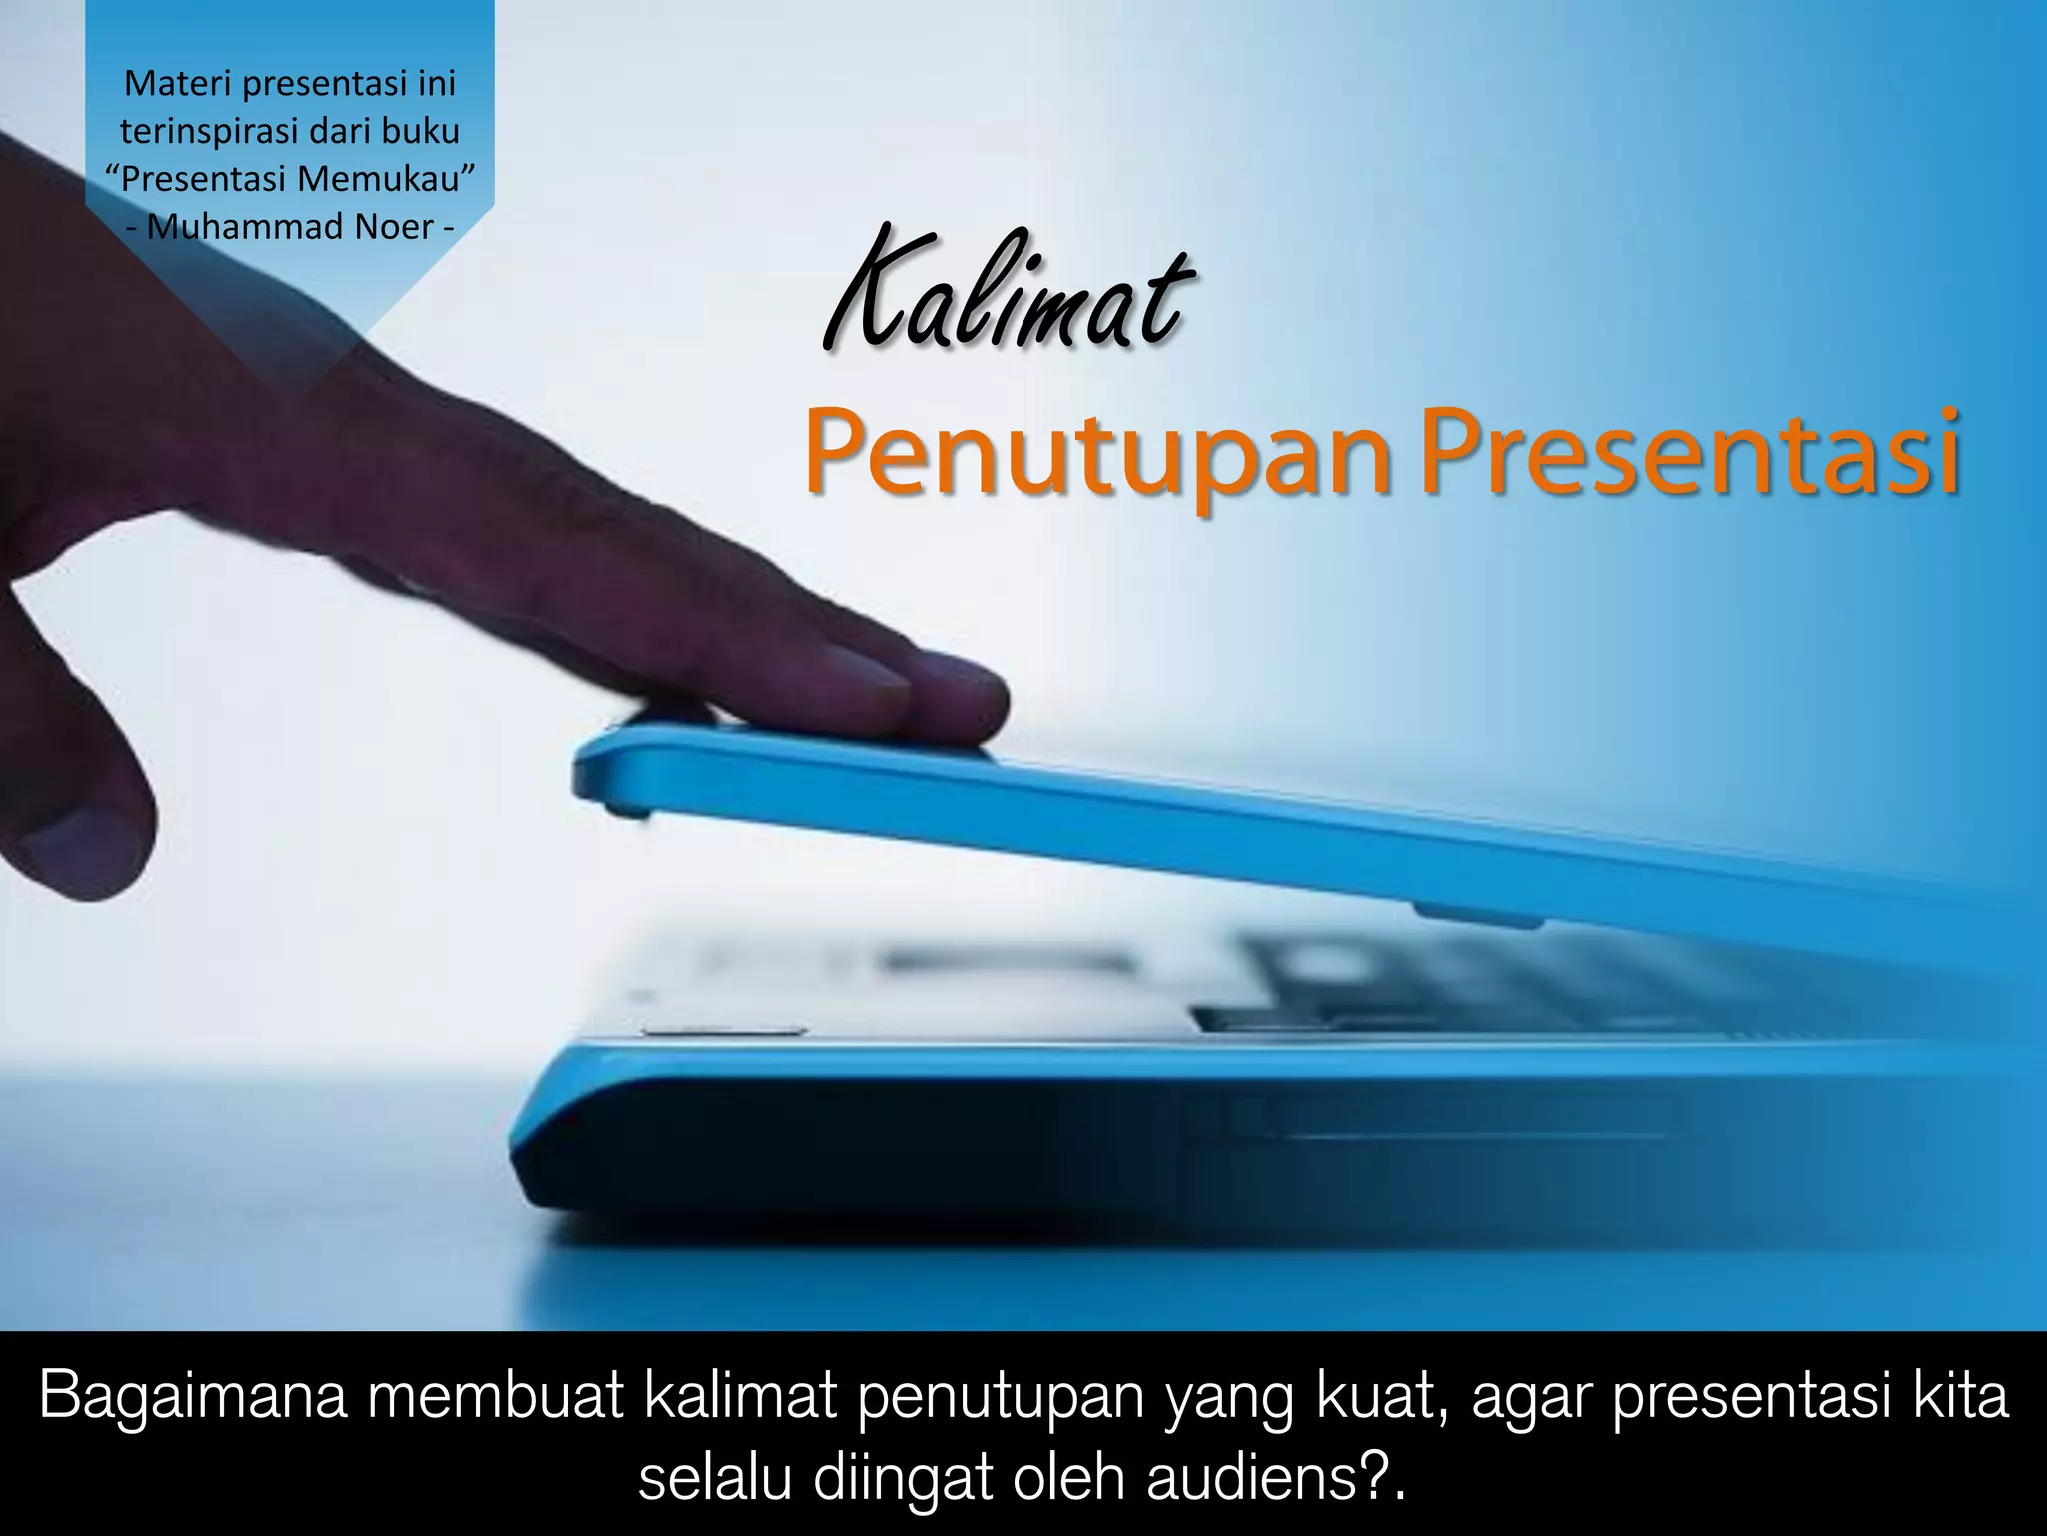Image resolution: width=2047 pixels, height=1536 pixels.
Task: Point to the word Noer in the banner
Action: point(394,227)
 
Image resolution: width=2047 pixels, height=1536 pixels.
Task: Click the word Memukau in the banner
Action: point(384,179)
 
